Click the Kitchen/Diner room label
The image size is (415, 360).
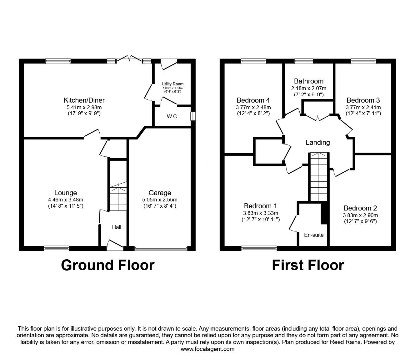tap(84, 100)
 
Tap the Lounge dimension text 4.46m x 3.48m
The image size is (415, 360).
tap(65, 200)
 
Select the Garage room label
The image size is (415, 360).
tap(160, 193)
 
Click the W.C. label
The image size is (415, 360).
tap(172, 117)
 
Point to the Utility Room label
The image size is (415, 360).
tap(172, 84)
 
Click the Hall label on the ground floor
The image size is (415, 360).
tap(117, 227)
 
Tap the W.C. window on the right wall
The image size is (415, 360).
tap(193, 116)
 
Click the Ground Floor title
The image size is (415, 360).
tap(107, 265)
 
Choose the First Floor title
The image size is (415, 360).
tap(308, 265)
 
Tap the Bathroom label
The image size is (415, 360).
tap(309, 81)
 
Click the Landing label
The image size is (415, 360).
tap(317, 143)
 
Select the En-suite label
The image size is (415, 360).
tap(314, 235)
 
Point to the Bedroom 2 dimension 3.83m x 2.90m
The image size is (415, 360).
tap(360, 215)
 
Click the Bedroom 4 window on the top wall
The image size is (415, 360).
tap(253, 61)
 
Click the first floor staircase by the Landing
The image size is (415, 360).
tap(319, 177)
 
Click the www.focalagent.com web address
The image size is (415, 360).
tap(207, 349)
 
